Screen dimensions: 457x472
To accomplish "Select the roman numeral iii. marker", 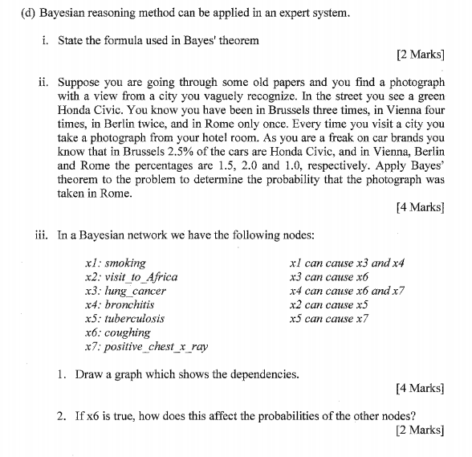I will [45, 235].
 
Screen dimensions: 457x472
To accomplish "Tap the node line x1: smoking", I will [115, 263].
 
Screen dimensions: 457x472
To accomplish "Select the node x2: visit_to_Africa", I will [131, 277].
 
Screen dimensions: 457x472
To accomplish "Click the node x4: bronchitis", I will [119, 304].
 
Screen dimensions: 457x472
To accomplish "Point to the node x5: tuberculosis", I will [124, 318].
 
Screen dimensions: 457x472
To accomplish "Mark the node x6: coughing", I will [117, 333].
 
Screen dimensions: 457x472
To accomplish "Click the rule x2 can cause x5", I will [328, 304].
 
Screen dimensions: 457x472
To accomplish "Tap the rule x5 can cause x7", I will [328, 318].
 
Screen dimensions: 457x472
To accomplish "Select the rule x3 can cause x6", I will [328, 277].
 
